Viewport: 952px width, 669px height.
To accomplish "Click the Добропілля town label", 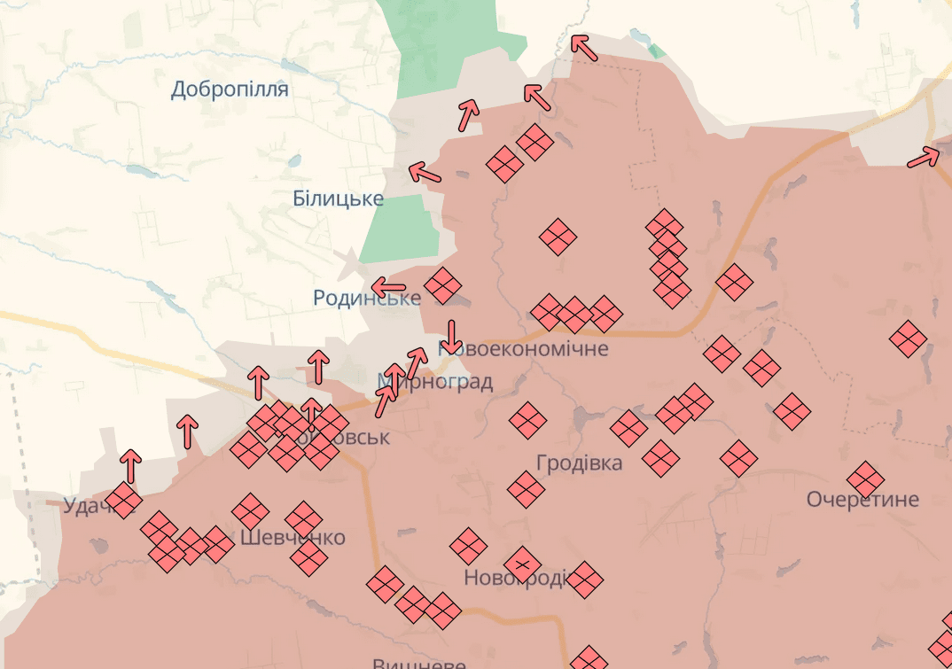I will (230, 89).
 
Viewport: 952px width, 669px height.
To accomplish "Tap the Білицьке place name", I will (338, 198).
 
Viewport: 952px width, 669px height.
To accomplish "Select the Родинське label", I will (366, 298).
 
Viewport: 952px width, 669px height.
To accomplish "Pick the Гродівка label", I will (579, 463).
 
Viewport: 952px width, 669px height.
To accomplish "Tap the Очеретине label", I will (862, 500).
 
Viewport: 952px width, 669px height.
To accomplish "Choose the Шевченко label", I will (293, 538).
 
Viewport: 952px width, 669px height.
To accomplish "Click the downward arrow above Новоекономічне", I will (451, 336).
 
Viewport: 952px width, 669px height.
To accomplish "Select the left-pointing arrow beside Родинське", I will (388, 288).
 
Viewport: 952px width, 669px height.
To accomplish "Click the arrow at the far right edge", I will (924, 158).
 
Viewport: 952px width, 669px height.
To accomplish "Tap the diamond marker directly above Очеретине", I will (865, 479).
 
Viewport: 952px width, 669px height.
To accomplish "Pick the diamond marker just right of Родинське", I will (442, 285).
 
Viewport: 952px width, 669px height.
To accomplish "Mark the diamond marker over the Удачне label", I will (124, 501).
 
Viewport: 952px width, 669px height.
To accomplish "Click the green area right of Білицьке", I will (401, 228).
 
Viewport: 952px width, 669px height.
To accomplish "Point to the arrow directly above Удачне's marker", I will (131, 464).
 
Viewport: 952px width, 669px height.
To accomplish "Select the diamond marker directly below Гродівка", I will (527, 489).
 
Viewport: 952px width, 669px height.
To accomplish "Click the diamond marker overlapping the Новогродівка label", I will (522, 564).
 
